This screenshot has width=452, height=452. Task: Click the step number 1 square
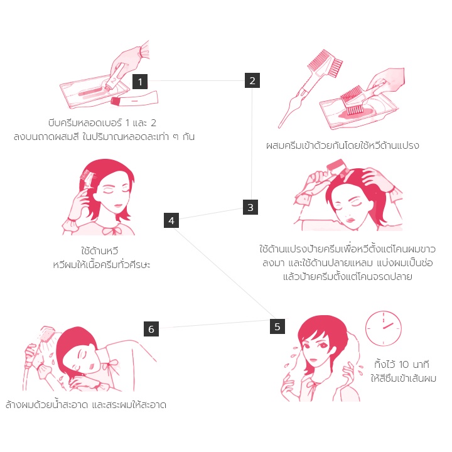point(140,82)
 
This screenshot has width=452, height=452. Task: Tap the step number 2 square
point(252,80)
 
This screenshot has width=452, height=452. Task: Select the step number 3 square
point(250,207)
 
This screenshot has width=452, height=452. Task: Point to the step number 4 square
point(171,220)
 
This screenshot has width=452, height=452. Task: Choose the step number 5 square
point(277,326)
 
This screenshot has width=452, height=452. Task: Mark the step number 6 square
point(151,329)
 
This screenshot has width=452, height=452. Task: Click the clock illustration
point(383,328)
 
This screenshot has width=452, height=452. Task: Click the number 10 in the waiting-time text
point(404,364)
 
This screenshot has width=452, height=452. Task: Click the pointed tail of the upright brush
point(279,126)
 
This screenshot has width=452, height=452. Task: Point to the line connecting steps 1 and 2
point(196,80)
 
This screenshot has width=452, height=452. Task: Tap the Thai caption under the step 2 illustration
point(343,145)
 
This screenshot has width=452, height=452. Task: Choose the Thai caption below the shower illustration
point(86,404)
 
